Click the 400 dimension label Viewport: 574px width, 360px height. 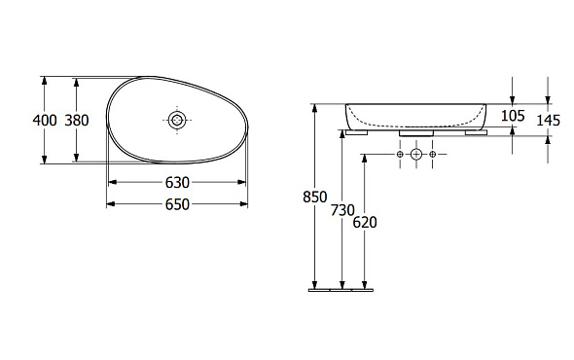pos(45,120)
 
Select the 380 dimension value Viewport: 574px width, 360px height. pos(77,120)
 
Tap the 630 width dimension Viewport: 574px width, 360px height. pos(177,182)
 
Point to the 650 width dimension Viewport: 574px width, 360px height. pos(177,204)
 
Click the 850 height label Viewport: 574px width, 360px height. pos(315,198)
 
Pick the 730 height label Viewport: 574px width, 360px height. pos(342,210)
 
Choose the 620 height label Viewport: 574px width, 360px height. pos(365,222)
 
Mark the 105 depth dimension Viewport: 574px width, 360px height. pos(513,116)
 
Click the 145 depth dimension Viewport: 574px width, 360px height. pos(549,120)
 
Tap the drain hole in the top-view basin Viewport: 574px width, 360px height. pos(177,120)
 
